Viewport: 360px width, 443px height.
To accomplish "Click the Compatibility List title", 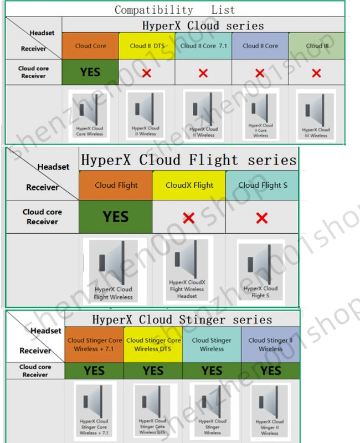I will point(174,10).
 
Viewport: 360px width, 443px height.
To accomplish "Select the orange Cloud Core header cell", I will point(90,46).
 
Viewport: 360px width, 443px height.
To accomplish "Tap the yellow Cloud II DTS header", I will point(147,46).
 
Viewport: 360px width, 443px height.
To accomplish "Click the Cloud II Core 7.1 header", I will point(203,46).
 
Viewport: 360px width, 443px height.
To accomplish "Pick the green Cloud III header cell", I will point(317,46).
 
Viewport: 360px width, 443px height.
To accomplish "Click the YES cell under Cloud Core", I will point(90,73).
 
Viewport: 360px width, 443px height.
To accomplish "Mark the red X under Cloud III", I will point(316,73).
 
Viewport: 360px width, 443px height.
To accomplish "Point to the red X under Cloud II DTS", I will point(147,73).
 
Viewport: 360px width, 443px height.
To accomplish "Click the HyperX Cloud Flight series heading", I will point(188,160).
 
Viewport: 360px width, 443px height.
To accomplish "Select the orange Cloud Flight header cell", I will point(116,186).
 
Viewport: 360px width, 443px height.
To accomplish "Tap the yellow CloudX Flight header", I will point(189,186).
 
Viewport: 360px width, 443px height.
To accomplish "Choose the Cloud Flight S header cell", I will point(263,186).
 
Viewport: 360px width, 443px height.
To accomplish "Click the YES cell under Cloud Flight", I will point(116,217).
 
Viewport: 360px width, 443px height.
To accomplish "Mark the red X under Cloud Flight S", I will point(262,218).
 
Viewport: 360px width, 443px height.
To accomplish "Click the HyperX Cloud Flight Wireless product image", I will point(114,270).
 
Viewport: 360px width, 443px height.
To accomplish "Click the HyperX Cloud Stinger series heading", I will point(182,320).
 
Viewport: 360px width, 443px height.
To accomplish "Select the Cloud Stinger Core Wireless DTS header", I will point(153,344).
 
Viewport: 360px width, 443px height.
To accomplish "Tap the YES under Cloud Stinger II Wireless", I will point(271,370).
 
